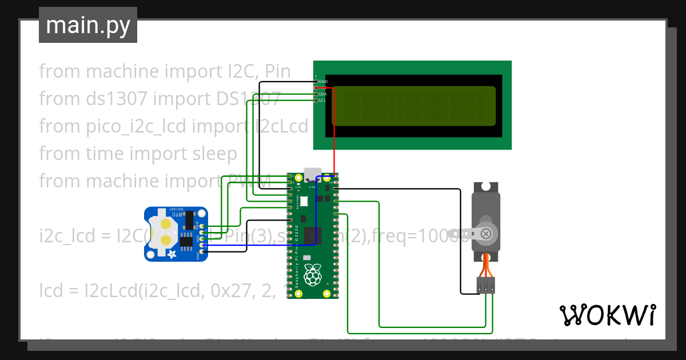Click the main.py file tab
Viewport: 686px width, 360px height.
tap(88, 26)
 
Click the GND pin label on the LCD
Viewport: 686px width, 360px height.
tap(322, 82)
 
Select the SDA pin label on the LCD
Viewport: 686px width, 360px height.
tap(322, 94)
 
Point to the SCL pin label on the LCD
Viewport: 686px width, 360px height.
tap(322, 100)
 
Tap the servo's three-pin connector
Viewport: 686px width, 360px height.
tap(486, 285)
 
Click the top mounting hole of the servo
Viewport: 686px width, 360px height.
tap(486, 186)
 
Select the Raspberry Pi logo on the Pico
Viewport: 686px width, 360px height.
tap(312, 275)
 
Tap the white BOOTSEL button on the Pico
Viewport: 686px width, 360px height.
tap(304, 201)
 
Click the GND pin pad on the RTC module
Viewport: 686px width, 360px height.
tap(201, 252)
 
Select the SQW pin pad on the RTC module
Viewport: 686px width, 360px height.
tap(201, 227)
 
